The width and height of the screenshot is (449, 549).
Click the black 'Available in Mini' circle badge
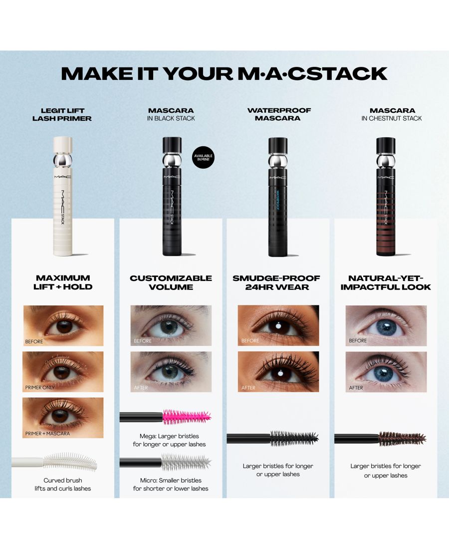pos(204,158)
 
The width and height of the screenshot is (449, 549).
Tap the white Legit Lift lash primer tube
pos(63,196)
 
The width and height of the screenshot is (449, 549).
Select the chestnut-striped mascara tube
pos(386,196)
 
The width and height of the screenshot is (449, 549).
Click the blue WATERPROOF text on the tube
pos(278,200)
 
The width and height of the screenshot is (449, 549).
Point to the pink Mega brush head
pos(187,417)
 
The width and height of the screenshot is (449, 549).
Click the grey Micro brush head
pos(186,462)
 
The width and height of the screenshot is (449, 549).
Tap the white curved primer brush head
pos(70,462)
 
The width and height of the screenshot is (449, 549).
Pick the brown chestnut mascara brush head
pos(402,438)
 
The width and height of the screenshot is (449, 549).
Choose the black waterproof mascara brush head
pos(294,438)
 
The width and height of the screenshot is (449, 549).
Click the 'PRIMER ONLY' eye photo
pos(63,371)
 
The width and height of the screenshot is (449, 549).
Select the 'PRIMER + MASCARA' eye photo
pos(63,418)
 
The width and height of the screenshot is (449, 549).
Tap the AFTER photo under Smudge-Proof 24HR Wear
pos(278,371)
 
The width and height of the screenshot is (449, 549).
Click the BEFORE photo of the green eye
pos(171,325)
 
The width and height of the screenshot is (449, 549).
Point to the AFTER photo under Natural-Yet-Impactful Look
pos(386,371)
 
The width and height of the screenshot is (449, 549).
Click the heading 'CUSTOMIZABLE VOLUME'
pos(171,282)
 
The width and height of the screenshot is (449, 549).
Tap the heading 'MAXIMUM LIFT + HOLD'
pos(63,282)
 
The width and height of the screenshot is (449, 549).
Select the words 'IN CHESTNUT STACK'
pos(392,118)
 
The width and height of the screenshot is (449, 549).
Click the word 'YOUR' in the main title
pos(198,73)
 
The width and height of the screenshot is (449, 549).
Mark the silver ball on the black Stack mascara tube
pos(172,160)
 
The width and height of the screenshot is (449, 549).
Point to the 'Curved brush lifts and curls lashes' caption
pos(63,484)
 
